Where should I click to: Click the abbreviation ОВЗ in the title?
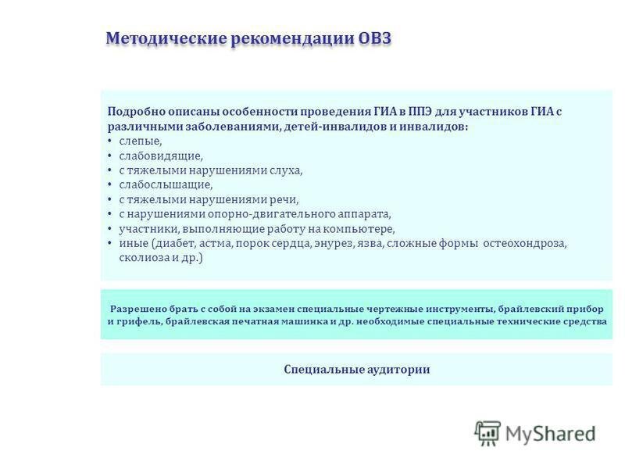(375, 38)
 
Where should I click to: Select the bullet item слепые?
(141, 141)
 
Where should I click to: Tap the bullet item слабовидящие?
(161, 156)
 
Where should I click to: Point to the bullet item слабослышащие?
(166, 185)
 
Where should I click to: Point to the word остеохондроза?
(524, 243)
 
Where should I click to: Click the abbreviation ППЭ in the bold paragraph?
(419, 112)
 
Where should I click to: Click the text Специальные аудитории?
(357, 369)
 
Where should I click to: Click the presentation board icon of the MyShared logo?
(487, 433)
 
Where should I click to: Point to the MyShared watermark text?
(550, 434)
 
